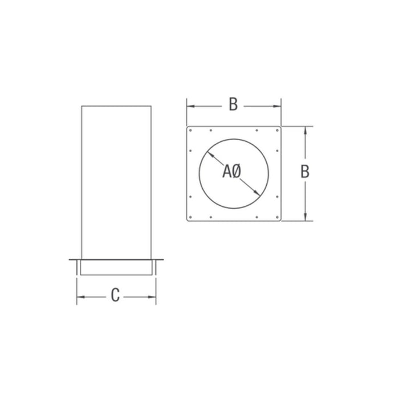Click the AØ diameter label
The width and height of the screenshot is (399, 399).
[x=233, y=170]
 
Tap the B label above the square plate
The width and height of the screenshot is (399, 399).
[x=233, y=105]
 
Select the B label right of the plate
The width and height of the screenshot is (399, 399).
[x=306, y=172]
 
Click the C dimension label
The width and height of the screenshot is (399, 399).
[x=116, y=296]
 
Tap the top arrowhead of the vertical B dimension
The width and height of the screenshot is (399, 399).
[x=306, y=129]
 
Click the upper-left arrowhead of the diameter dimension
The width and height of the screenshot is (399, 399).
[x=208, y=152]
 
